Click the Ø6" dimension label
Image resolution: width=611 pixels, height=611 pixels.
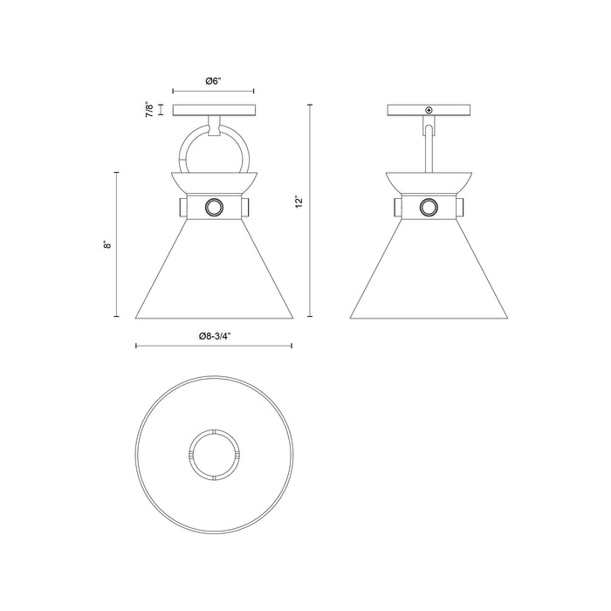(x=213, y=80)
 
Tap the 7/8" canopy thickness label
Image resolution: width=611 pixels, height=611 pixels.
(x=150, y=110)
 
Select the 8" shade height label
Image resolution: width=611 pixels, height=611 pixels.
(x=106, y=246)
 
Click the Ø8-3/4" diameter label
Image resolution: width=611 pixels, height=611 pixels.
(x=213, y=335)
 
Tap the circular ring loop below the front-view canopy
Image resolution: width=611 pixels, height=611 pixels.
(x=214, y=150)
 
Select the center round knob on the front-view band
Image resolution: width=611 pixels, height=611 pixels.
(x=214, y=207)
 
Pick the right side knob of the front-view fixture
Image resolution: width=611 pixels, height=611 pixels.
(x=247, y=207)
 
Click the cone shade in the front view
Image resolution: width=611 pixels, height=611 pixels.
(x=214, y=271)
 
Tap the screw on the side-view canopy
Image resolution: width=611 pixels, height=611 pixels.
(x=429, y=110)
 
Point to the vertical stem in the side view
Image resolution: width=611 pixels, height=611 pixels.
(x=429, y=148)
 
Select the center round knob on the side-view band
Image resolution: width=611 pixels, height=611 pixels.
(x=428, y=207)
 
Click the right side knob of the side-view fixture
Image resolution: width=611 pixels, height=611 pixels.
(x=462, y=207)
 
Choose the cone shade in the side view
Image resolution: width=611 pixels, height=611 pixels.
(x=428, y=271)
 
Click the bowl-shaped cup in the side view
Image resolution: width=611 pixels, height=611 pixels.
(x=428, y=182)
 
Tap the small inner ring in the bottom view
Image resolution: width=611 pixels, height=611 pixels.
(x=214, y=453)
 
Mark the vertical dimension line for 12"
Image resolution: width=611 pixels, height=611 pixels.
(x=310, y=209)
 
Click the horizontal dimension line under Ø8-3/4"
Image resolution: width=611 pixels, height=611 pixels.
(x=213, y=347)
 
